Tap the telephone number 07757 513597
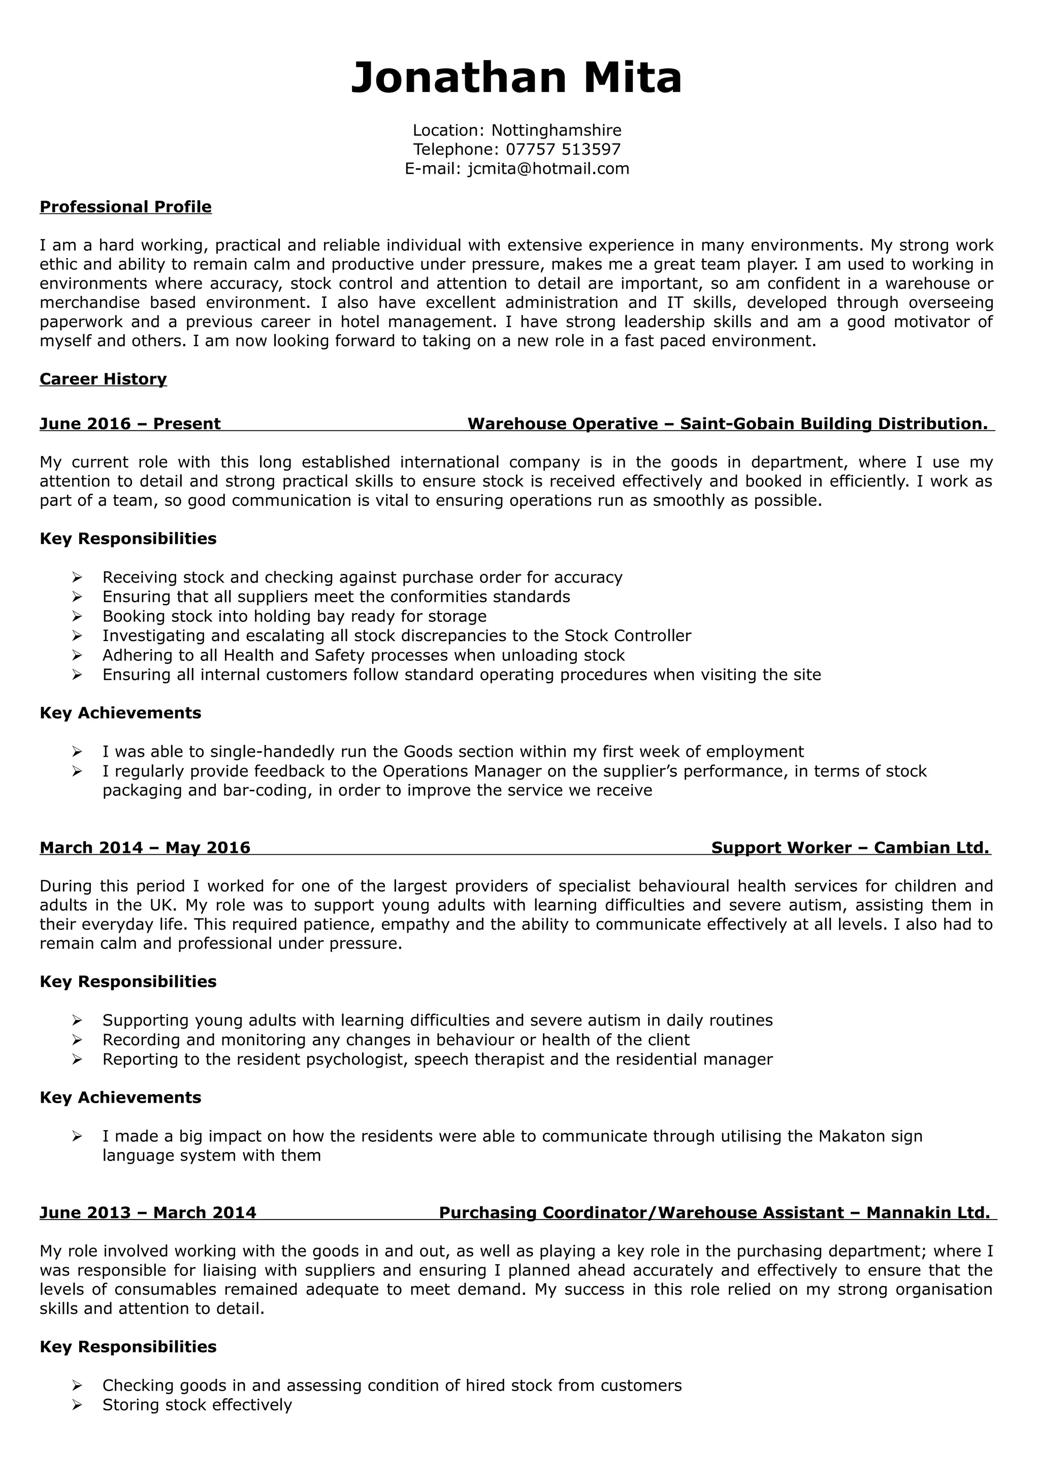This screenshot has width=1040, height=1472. point(563,149)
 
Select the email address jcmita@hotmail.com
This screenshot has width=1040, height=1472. point(548,169)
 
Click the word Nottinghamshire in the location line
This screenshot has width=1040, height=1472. point(556,130)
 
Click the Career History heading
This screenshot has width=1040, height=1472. point(103,379)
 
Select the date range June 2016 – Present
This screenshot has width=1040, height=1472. point(130,424)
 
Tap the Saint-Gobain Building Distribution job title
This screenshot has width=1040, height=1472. point(727,424)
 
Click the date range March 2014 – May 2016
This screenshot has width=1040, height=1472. point(145,848)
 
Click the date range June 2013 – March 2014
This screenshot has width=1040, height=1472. point(148,1212)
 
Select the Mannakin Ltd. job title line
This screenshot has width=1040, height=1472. point(714,1212)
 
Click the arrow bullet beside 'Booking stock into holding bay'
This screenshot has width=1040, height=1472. point(77,616)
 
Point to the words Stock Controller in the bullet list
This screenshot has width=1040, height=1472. point(627,635)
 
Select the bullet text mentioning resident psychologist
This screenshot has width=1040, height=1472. point(437,1059)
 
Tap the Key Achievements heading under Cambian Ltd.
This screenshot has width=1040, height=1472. point(120,1098)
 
